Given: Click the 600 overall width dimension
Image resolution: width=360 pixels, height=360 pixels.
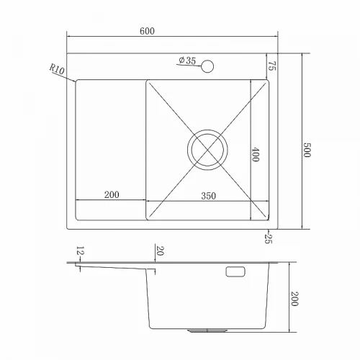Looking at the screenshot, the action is pyautogui.click(x=147, y=31).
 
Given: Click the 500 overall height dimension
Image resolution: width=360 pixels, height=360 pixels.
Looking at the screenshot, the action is pyautogui.click(x=307, y=150).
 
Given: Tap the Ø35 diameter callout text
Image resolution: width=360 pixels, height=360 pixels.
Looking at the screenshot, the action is pyautogui.click(x=187, y=60).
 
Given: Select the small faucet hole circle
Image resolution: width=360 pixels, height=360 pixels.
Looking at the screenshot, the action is pyautogui.click(x=207, y=66).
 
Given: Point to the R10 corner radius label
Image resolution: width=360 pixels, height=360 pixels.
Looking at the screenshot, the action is pyautogui.click(x=57, y=69).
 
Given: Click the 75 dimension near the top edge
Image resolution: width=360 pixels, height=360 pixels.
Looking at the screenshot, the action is pyautogui.click(x=272, y=66).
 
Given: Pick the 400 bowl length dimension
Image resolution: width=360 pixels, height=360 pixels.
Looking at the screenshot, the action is pyautogui.click(x=256, y=155).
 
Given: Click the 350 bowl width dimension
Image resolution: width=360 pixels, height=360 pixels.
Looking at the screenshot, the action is pyautogui.click(x=208, y=196).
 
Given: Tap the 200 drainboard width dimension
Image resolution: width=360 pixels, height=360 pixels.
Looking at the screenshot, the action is pyautogui.click(x=112, y=194).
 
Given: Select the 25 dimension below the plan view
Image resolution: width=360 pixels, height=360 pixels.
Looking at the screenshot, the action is pyautogui.click(x=269, y=238).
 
